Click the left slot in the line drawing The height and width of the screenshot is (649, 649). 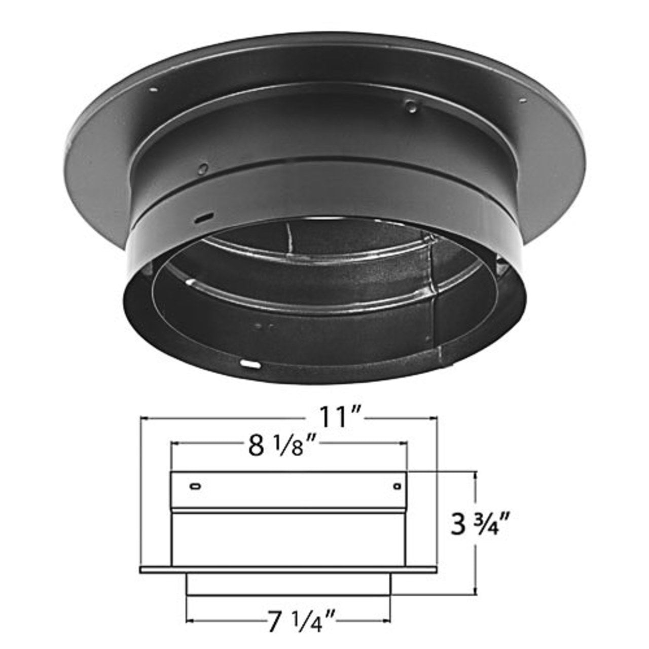pos(195,487)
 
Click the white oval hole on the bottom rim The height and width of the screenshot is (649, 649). pos(249,364)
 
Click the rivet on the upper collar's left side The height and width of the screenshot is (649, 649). pos(202,168)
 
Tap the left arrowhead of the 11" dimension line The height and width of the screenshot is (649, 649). pos(143,418)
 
